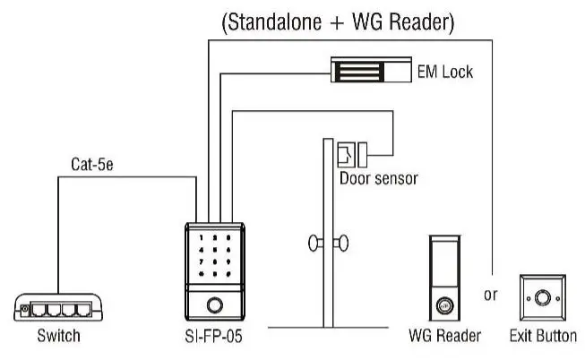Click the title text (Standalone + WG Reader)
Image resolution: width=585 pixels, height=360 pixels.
click(338, 23)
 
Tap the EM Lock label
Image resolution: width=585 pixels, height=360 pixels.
click(444, 69)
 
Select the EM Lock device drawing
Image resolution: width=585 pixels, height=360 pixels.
click(369, 68)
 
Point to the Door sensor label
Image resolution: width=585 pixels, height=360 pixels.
click(378, 178)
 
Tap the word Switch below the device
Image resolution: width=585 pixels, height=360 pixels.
click(58, 337)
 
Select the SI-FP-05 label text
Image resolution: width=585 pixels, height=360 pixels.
click(212, 337)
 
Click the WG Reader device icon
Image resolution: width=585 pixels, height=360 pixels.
click(443, 279)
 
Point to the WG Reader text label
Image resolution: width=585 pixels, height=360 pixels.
click(444, 337)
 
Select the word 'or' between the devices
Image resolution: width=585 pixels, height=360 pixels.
click(490, 295)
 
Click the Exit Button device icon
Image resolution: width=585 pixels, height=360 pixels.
click(541, 297)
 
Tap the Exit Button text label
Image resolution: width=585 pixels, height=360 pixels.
click(542, 337)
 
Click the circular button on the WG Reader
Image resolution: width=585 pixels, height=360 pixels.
click(443, 305)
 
